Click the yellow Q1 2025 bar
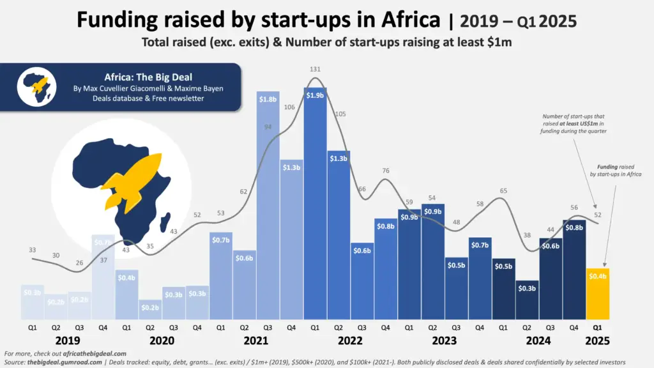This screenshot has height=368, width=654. point(598,293)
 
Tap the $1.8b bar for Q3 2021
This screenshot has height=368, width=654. point(267,211)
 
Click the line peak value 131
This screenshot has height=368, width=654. point(314,69)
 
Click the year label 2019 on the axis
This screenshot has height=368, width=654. point(67,340)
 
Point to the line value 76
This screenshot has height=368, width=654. point(385,171)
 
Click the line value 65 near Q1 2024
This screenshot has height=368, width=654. point(503,191)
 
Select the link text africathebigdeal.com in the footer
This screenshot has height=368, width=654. point(89,353)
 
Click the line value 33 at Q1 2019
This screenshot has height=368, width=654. point(32,250)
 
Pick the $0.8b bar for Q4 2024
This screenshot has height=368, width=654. point(574,269)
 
